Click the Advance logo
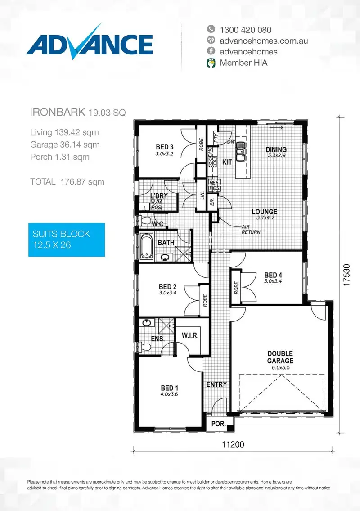tap(89, 43)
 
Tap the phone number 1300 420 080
tap(245, 30)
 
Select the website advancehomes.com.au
tap(264, 41)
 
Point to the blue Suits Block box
tap(67, 240)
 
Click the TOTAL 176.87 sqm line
tap(67, 182)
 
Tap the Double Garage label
tap(280, 357)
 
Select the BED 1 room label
tap(170, 388)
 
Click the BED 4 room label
tap(273, 275)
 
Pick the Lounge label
tap(264, 212)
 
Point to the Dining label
tap(276, 149)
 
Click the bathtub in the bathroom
tap(146, 246)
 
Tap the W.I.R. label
tap(190, 336)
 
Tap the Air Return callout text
tap(251, 230)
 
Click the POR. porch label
tap(218, 424)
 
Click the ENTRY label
tap(216, 384)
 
